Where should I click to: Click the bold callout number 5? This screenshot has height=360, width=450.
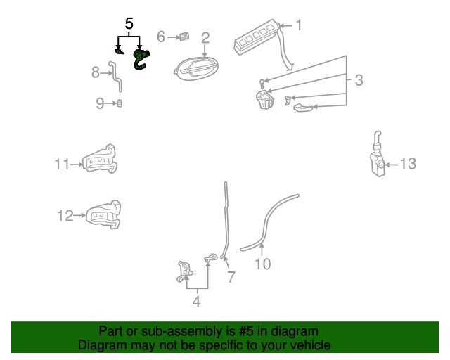click(129, 23)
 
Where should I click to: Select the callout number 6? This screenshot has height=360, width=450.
click(161, 37)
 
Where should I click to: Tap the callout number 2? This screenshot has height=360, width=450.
click(205, 38)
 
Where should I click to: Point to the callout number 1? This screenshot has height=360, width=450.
click(299, 25)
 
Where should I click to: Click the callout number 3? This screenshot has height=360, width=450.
click(359, 80)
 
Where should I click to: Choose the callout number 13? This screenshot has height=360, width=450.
click(408, 164)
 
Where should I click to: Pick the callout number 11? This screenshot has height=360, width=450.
click(62, 165)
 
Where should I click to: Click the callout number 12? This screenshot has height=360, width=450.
click(65, 216)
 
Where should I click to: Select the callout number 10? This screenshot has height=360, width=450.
click(262, 264)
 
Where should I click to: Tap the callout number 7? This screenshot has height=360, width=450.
click(231, 277)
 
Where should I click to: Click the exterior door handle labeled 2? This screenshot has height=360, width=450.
click(196, 69)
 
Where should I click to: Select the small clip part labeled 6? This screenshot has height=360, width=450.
click(184, 37)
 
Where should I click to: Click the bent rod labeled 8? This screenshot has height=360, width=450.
click(115, 76)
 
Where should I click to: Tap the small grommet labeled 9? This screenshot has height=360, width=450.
click(120, 103)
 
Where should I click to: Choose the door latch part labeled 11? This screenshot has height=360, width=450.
click(100, 160)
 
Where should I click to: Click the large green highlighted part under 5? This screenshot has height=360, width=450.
click(141, 60)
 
